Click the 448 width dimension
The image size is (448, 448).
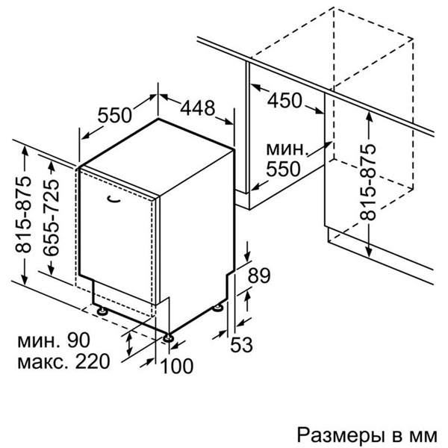pos(197,108)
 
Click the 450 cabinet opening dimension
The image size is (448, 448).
pos(284,100)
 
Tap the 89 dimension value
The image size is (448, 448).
pos(258,276)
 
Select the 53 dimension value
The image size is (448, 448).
pos(241,344)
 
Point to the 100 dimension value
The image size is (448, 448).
pos(177,366)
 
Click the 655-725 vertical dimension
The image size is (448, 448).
pos(52,217)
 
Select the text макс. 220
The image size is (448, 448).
pos(63,361)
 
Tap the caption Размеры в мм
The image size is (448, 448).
pos(367,435)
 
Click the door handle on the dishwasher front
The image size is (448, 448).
pos(113,199)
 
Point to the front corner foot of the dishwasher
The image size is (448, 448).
pos(168,337)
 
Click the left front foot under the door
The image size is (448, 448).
pos(102,311)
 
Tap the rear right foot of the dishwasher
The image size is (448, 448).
pos(218,308)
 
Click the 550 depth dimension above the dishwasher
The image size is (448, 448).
pos(114,115)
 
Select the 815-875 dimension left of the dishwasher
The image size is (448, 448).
pos(23,215)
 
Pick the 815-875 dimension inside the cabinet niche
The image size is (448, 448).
pos(367,182)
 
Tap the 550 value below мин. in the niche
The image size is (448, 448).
pos(283,169)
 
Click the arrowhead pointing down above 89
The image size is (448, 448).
pos(247,255)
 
